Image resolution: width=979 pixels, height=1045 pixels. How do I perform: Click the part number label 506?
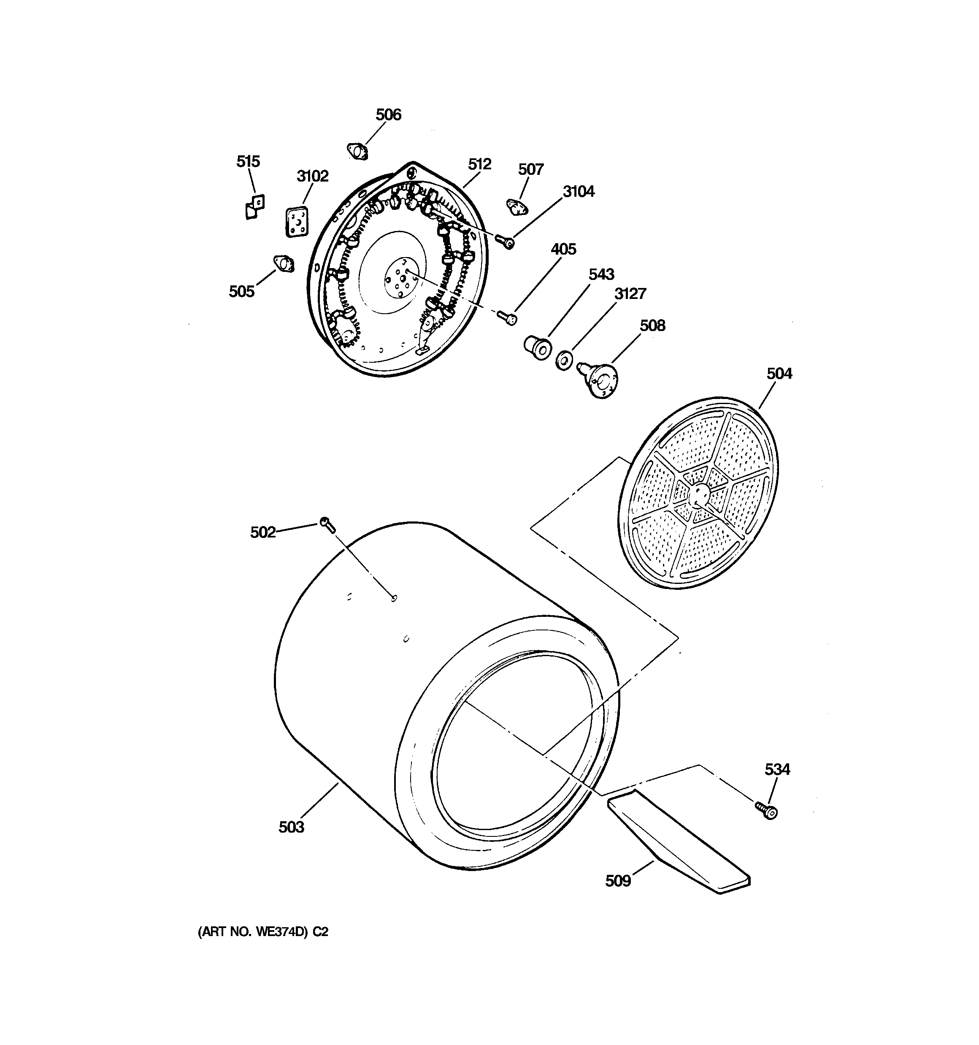click(x=388, y=114)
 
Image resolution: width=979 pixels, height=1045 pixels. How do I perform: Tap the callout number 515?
click(x=248, y=161)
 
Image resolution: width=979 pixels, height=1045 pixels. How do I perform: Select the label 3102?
click(x=313, y=176)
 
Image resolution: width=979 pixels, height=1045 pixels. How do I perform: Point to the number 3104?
click(x=579, y=192)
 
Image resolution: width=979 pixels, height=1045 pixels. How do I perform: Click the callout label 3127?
click(x=630, y=293)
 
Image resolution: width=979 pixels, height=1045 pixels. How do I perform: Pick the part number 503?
click(x=291, y=827)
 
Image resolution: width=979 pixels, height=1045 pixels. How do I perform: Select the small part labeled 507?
click(x=518, y=206)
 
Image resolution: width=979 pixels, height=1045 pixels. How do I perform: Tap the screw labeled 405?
click(x=507, y=317)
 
